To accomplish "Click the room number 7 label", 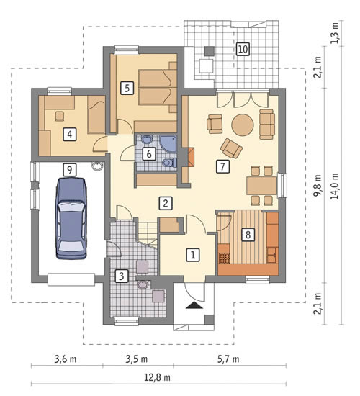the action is tap(222, 166).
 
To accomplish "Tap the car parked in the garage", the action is tap(71, 218).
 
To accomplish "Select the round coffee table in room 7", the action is tap(243, 125).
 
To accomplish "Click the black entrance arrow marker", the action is tap(194, 305).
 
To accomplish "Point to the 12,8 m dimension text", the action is tap(157, 378).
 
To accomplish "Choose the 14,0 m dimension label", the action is tap(335, 186).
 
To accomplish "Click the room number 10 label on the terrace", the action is tap(243, 49).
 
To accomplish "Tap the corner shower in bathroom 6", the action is tap(168, 144).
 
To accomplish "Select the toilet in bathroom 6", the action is tap(170, 163).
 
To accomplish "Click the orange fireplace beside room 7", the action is tap(192, 158).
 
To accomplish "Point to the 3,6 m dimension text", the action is tap(66, 359).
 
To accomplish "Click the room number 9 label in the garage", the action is tap(70, 170).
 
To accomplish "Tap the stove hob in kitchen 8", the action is tap(224, 258).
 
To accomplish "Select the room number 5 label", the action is tap(127, 88).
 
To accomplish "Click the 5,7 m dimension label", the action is tap(228, 359).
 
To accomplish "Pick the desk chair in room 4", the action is tap(60, 116).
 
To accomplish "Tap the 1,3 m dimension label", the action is tap(335, 33).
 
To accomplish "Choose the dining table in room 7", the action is tap(262, 186).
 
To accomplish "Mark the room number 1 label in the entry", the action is tap(193, 255).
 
